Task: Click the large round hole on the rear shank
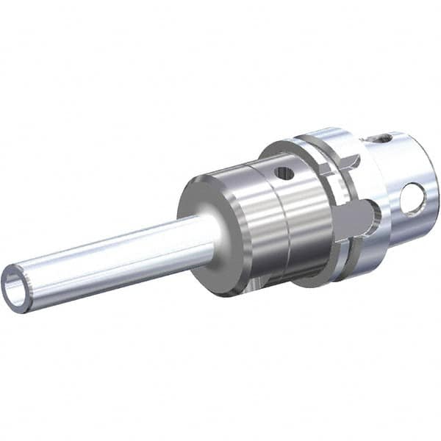[x=412, y=198]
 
